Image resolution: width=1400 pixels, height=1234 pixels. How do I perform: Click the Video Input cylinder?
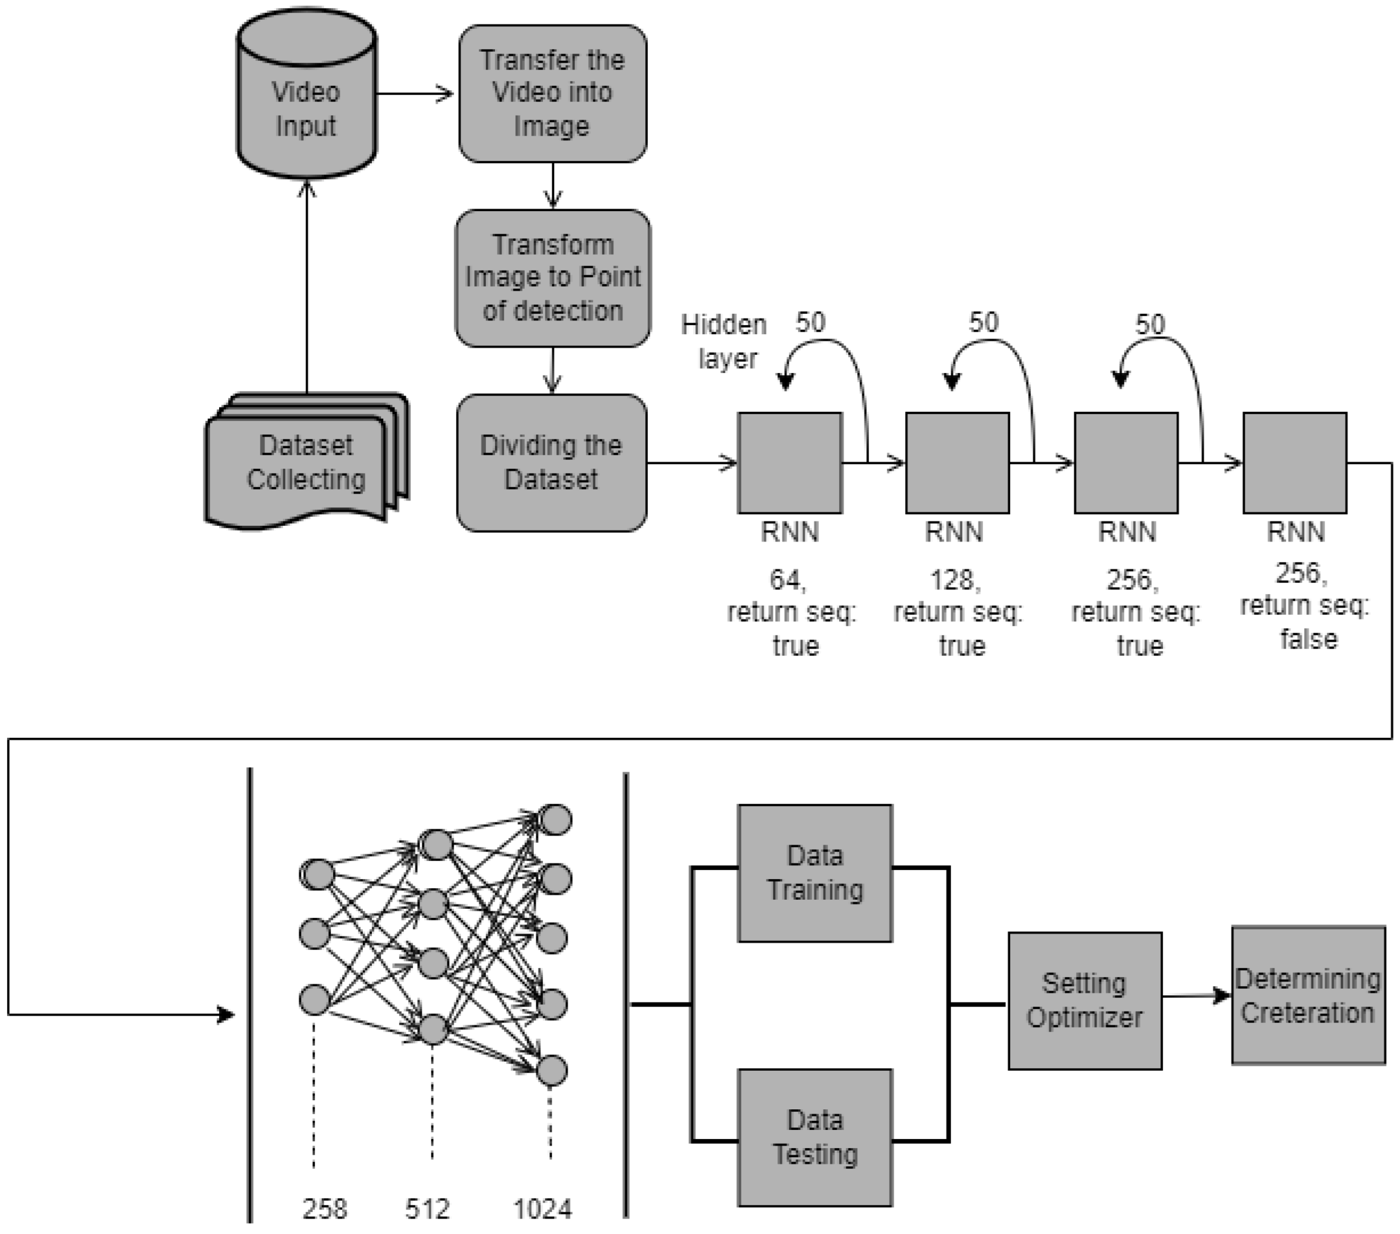tap(306, 96)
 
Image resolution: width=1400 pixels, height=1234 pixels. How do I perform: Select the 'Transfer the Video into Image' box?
tap(552, 94)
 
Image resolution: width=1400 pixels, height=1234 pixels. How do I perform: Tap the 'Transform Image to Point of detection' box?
tap(552, 278)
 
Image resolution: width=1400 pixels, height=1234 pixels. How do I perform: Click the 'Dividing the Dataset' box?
tap(551, 462)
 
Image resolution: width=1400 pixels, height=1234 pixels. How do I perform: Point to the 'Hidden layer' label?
tap(725, 341)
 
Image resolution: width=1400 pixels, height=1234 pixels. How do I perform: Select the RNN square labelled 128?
tap(957, 462)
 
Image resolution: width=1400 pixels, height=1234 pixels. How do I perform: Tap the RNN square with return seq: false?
tap(1294, 462)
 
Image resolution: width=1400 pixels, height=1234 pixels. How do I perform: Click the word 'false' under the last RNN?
tap(1308, 639)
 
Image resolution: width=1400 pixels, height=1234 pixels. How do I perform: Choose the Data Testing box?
tap(815, 1137)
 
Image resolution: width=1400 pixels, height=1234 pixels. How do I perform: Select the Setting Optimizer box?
tap(1084, 1000)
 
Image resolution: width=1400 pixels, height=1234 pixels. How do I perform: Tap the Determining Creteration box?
tap(1308, 995)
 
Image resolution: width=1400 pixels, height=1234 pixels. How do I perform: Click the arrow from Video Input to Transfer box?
tap(415, 94)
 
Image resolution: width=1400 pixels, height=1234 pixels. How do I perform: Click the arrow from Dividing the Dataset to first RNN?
tap(692, 463)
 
